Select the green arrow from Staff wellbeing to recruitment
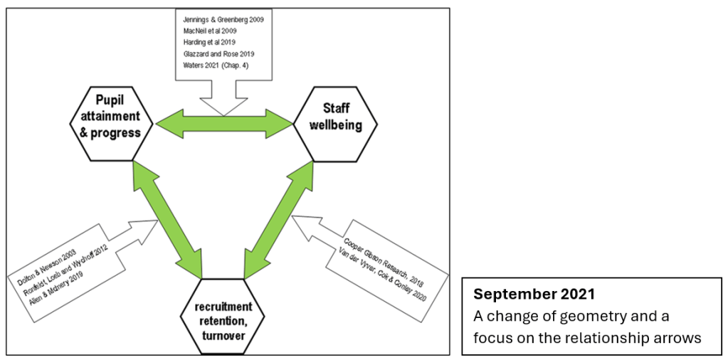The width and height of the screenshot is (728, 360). (x=279, y=220)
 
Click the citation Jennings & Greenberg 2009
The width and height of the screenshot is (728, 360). (x=223, y=20)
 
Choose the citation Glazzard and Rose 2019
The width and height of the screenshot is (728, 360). (x=218, y=54)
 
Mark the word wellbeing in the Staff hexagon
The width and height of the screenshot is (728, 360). (x=336, y=126)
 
